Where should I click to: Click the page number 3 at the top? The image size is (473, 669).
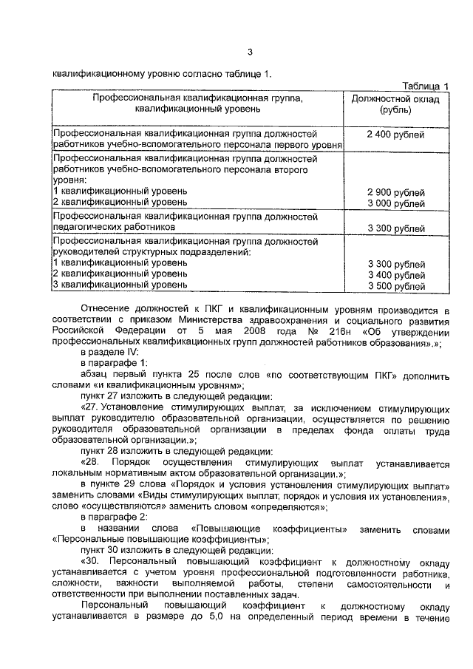(251, 51)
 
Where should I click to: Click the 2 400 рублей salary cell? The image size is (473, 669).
(395, 135)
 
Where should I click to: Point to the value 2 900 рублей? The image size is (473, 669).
(395, 192)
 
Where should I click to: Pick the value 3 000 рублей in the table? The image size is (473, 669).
(395, 203)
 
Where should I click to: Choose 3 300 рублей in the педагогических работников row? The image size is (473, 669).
(395, 228)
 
